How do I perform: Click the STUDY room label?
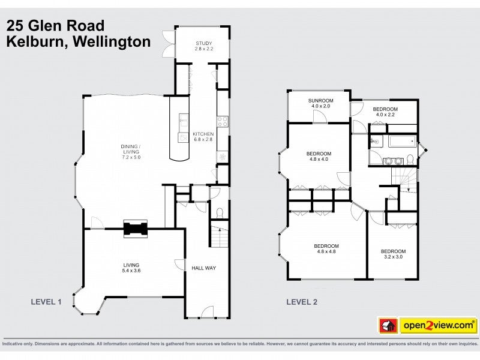click(x=204, y=43)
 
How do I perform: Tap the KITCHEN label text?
click(x=203, y=134)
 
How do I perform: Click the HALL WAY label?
click(x=203, y=268)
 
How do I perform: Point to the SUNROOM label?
click(x=320, y=100)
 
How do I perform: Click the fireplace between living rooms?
click(x=135, y=229)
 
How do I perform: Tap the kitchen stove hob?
click(x=222, y=121)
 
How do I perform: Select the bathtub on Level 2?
click(x=402, y=142)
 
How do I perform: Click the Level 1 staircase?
click(x=220, y=235)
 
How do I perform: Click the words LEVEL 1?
click(x=46, y=302)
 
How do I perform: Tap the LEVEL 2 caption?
click(x=301, y=302)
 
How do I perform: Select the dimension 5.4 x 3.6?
click(x=131, y=271)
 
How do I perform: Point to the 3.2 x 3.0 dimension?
click(x=393, y=257)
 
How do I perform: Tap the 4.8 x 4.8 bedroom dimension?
click(x=326, y=252)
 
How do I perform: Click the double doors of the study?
click(x=168, y=44)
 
